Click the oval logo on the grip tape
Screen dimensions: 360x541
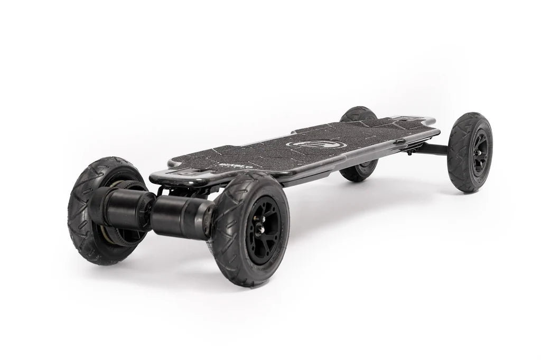316,143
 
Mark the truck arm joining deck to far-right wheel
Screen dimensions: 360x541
431,149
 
